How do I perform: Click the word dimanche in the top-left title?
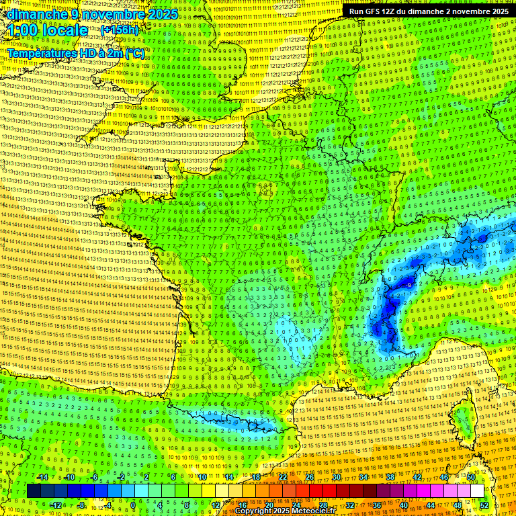point(34,14)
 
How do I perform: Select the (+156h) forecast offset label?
point(119,30)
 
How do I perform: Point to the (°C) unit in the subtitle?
point(134,52)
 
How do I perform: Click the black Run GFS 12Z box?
point(428,11)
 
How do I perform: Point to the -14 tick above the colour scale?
point(42,478)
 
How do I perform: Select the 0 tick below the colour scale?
point(133,505)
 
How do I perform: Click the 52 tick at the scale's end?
point(484,505)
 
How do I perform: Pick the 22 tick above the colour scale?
point(283,478)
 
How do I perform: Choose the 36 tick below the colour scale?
point(376,505)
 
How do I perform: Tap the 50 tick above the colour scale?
point(471,478)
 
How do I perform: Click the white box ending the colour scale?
point(477,491)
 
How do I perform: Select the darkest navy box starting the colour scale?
point(34,491)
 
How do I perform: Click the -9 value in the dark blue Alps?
point(409,286)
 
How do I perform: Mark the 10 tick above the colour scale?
point(202,478)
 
